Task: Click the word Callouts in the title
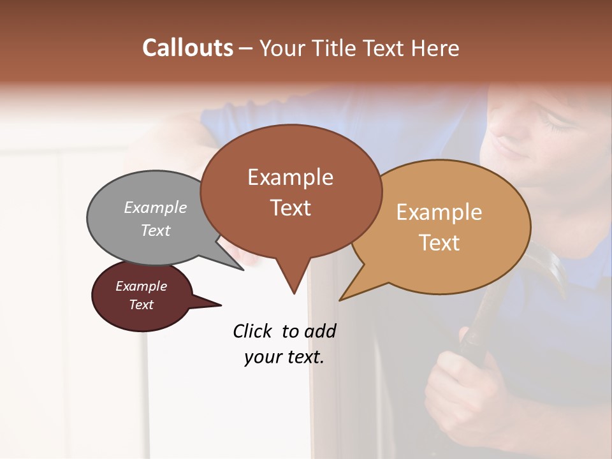(x=187, y=48)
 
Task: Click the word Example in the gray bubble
(x=156, y=207)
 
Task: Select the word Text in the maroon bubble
(x=142, y=305)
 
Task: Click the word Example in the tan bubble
(x=439, y=212)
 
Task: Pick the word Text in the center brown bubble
(x=291, y=208)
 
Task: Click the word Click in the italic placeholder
(x=253, y=331)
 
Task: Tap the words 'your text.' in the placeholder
(x=284, y=357)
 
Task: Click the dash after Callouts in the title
(x=246, y=48)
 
